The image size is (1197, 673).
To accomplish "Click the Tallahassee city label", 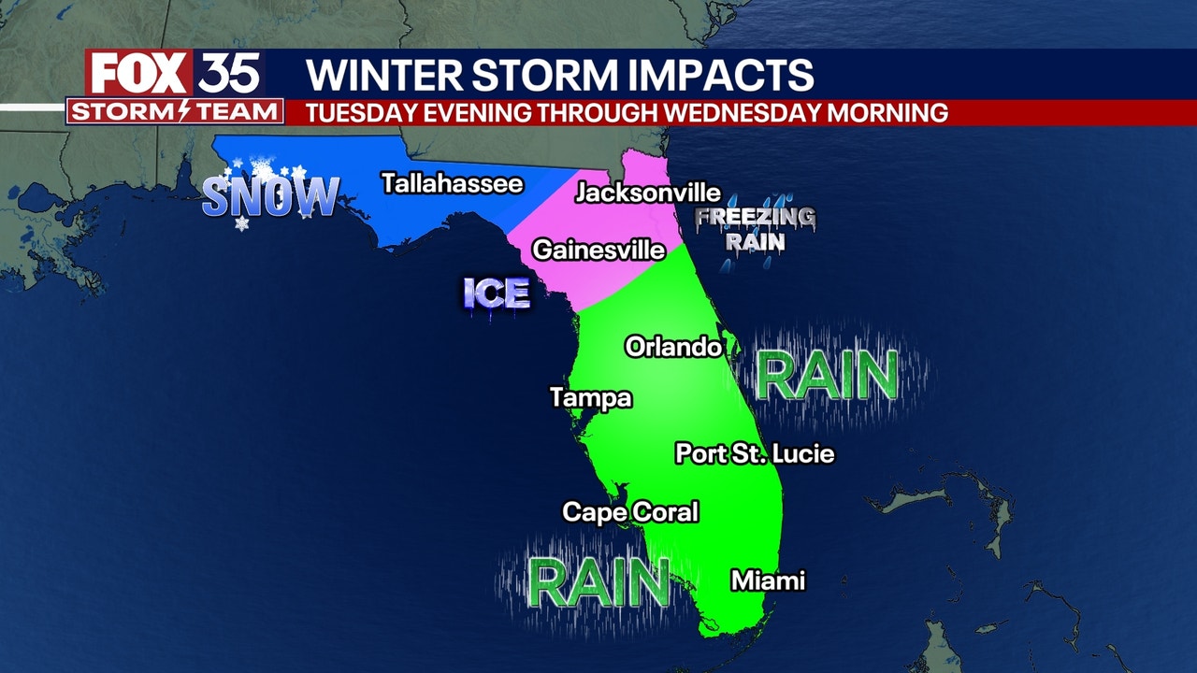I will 452,183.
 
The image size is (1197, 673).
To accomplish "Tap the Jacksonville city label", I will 648,193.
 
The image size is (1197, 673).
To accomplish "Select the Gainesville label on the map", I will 598,251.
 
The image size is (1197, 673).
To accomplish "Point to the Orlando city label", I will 673,348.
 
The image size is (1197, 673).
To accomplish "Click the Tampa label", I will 591,398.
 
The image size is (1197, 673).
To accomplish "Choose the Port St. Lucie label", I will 755,454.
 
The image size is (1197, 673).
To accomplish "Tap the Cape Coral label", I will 630,512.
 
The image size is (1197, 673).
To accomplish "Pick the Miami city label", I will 768,580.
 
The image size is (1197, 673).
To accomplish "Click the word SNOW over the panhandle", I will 270,197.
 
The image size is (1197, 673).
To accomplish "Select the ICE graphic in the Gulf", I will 497,294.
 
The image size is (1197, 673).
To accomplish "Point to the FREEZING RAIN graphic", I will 755,229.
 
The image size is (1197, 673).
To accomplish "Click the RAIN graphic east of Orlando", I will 827,376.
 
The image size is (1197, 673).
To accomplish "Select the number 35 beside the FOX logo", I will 228,74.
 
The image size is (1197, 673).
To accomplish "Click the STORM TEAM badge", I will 175,112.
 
